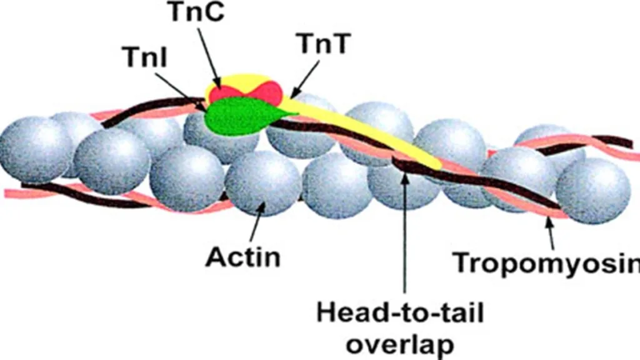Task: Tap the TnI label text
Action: pyautogui.click(x=146, y=56)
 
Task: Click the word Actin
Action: pyautogui.click(x=243, y=257)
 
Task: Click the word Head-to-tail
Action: pyautogui.click(x=400, y=314)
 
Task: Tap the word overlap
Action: pyautogui.click(x=400, y=345)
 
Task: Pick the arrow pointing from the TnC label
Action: pyautogui.click(x=209, y=56)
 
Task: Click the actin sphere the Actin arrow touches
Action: pyautogui.click(x=263, y=182)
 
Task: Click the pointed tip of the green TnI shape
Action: pyautogui.click(x=299, y=114)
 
